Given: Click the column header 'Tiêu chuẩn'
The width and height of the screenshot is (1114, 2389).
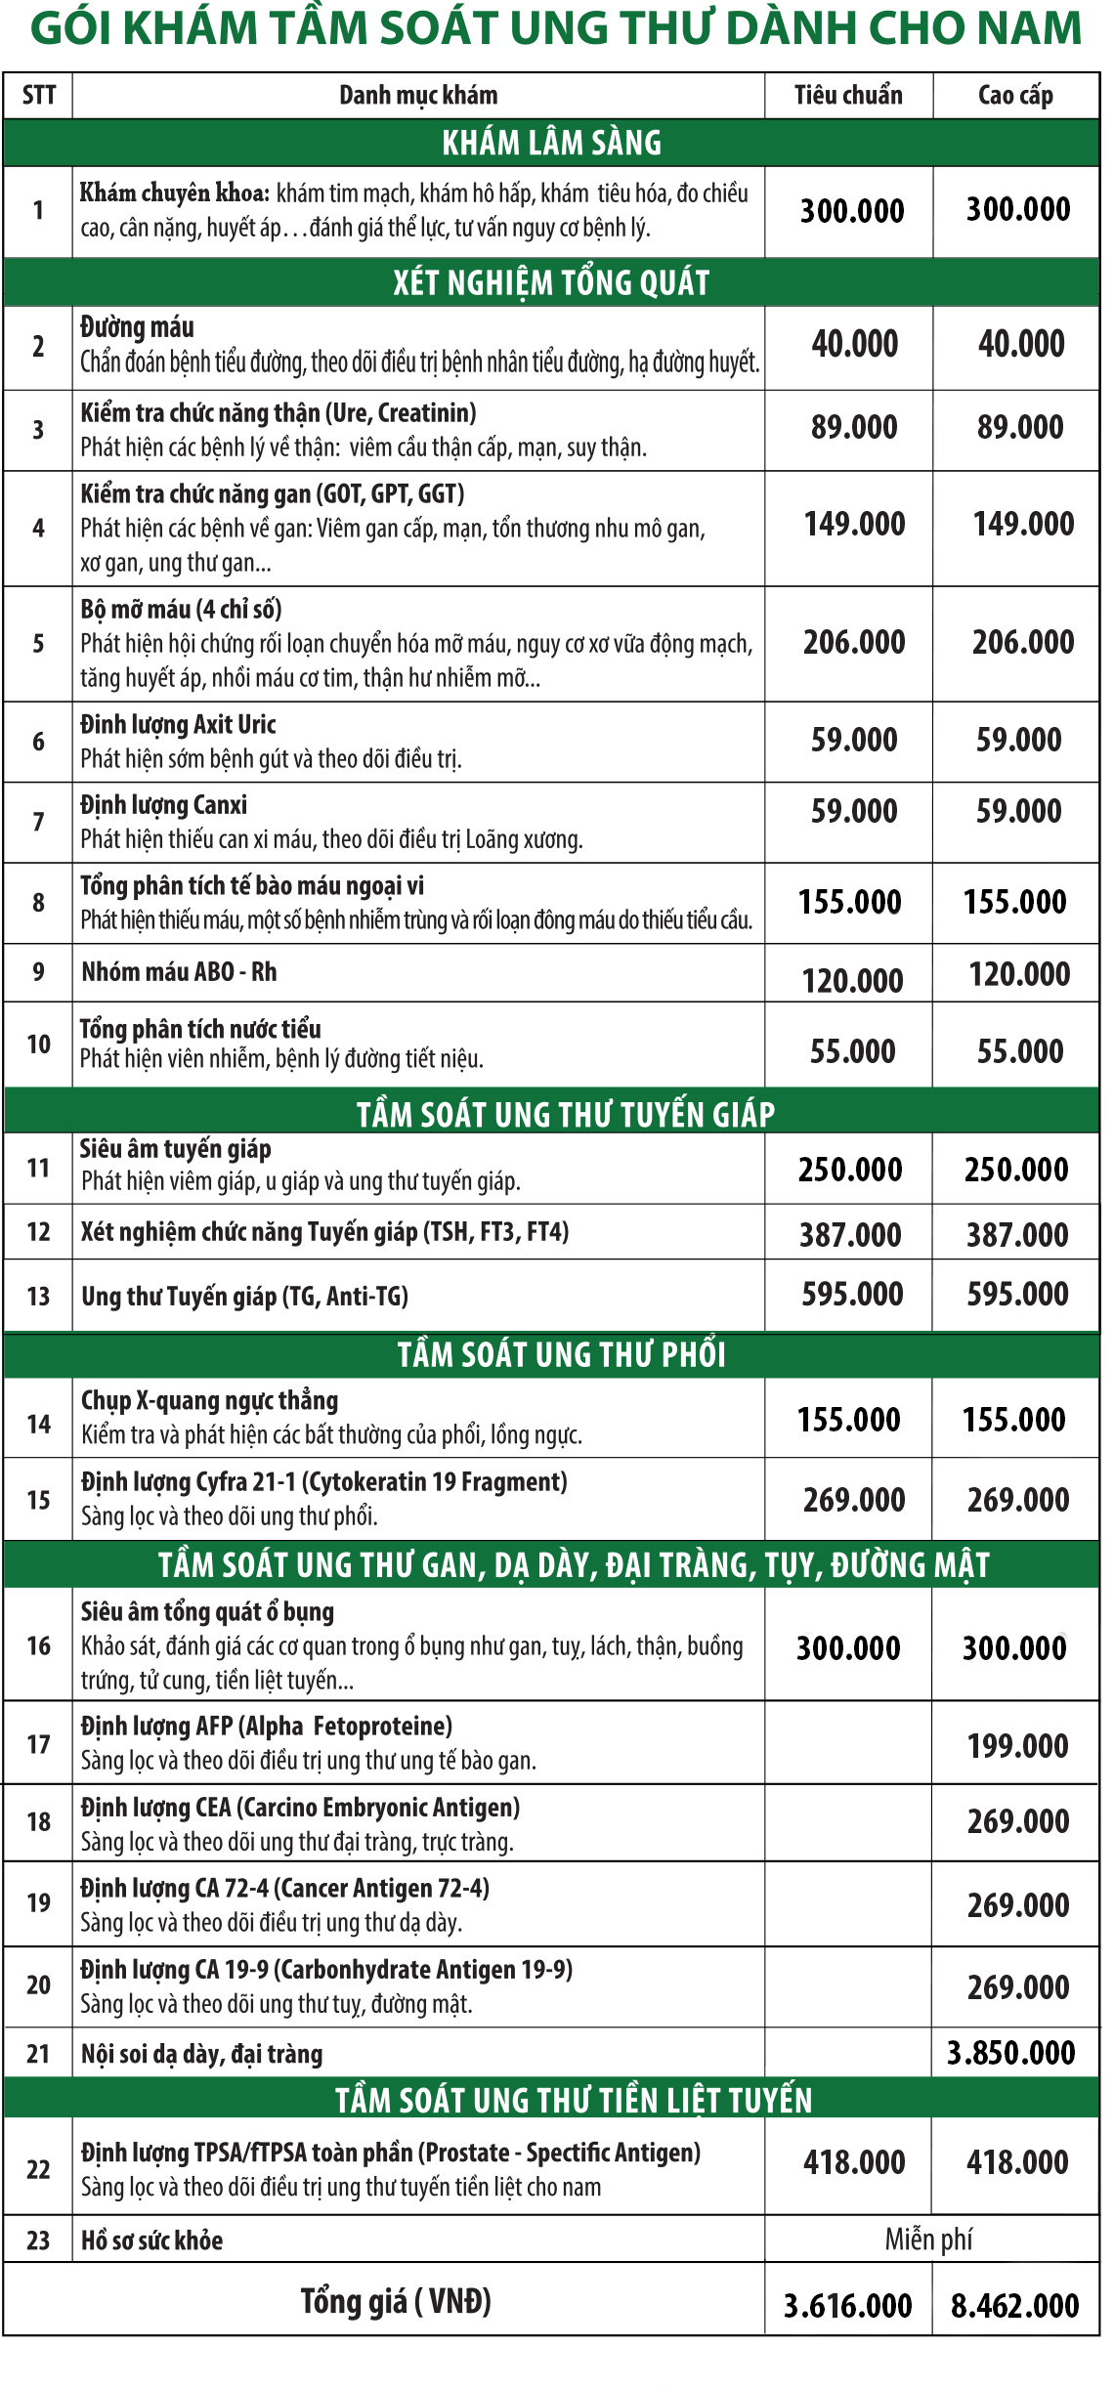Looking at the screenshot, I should tap(847, 95).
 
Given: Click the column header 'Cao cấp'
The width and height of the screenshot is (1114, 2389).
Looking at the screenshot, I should tap(1015, 95).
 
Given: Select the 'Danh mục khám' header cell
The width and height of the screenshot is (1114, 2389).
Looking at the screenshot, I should tap(418, 95).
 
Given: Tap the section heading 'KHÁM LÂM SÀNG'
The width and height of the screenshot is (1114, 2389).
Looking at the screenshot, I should tap(551, 143).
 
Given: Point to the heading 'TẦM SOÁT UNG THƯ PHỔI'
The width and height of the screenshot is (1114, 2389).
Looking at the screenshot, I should tap(561, 1354).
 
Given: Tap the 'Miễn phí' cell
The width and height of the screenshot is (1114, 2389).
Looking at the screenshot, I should tap(928, 2239).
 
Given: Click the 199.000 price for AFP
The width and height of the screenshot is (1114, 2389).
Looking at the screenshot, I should tap(1017, 1745).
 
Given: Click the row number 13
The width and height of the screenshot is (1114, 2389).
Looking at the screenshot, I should tap(38, 1296).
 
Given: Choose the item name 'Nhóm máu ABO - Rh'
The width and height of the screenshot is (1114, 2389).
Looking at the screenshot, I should tap(179, 971).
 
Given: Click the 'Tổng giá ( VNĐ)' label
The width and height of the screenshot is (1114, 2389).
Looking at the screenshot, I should tap(395, 2301).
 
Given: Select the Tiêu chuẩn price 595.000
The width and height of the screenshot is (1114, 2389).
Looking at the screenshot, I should tap(852, 1294).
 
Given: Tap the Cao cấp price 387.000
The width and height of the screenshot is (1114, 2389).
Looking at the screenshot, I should tap(1017, 1234).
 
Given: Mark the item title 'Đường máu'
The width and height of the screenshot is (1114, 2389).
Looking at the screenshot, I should tap(137, 326).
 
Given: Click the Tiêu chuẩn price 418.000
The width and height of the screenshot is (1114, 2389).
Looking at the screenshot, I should tap(854, 2162).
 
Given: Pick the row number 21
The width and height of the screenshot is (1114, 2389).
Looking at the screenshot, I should tap(38, 2053).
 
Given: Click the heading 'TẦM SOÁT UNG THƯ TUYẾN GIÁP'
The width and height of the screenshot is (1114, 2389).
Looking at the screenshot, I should tap(565, 1114).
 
